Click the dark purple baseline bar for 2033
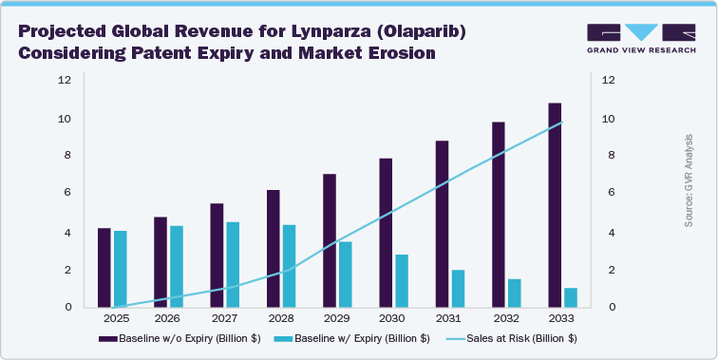tap(555, 204)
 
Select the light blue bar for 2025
tap(120, 269)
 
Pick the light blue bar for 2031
tap(459, 289)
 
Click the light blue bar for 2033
tap(571, 297)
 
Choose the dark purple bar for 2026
tap(160, 262)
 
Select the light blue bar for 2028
tap(289, 266)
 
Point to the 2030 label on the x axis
tap(393, 318)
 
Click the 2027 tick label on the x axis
tap(223, 318)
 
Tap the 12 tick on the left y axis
tap(64, 80)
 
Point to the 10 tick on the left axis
tap(64, 119)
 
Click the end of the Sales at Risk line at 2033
tap(562, 122)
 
